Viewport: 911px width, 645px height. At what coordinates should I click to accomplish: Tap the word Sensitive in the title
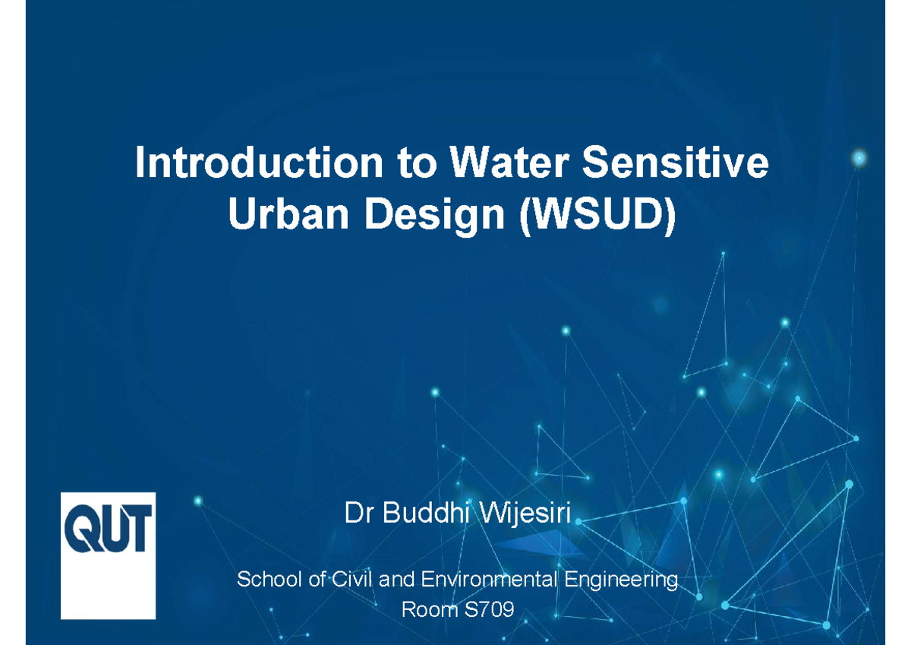(677, 165)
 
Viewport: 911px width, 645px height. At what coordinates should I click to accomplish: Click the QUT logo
(108, 555)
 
